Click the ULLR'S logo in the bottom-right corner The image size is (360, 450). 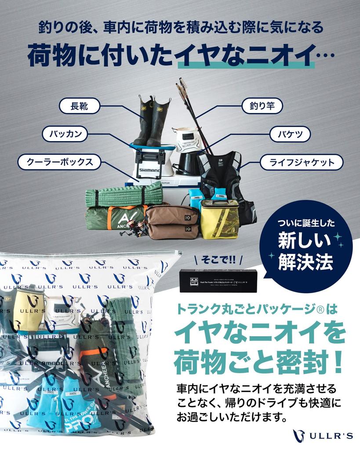(x=323, y=435)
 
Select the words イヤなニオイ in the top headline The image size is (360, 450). (x=245, y=56)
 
